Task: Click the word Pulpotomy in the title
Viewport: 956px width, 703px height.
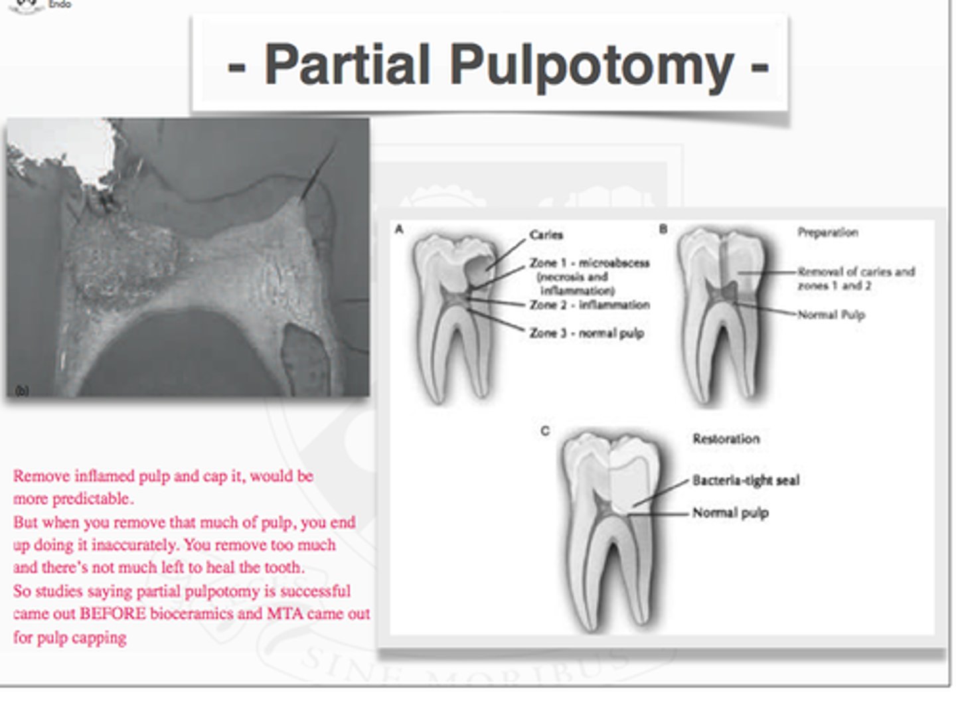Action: [592, 65]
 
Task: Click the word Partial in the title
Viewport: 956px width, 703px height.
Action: [347, 65]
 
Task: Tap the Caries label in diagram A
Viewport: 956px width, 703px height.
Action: [546, 234]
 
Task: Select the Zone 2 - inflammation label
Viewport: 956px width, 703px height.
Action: [589, 305]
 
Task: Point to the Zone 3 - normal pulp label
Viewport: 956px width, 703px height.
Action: [586, 333]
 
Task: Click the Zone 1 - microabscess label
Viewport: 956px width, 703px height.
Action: [589, 263]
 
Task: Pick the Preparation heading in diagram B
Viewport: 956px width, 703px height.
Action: [827, 232]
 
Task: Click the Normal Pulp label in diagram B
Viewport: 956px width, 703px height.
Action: [831, 315]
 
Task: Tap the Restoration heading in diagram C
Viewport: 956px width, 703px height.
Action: [726, 439]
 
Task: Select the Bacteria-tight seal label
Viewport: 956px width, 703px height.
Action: [746, 480]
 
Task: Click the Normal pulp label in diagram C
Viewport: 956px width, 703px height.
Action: [730, 512]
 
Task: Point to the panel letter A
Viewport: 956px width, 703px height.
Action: [399, 229]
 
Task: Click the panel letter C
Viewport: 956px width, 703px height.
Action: [544, 431]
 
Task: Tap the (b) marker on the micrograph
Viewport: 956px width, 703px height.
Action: [22, 390]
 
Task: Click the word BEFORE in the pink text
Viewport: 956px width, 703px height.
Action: [112, 613]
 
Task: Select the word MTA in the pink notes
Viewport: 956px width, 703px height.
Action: [285, 613]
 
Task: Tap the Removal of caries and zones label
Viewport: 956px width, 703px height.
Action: [856, 278]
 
